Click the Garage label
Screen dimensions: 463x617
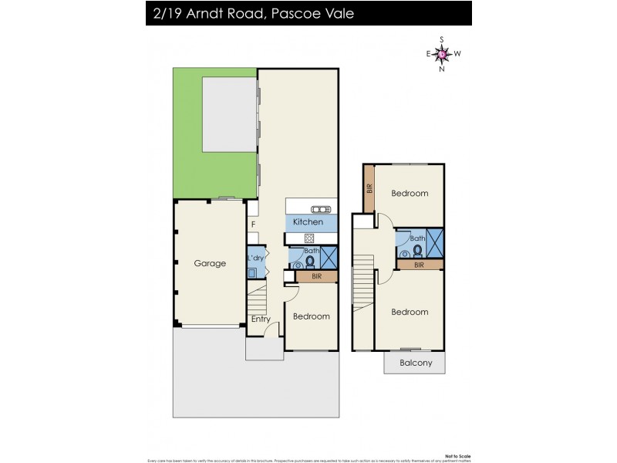(210, 263)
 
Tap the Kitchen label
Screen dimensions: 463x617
(308, 222)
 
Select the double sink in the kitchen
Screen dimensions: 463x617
(320, 209)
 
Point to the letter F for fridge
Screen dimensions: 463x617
(253, 225)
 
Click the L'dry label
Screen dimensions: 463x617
(255, 257)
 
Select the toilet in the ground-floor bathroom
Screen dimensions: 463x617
(311, 261)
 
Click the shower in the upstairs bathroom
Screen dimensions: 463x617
(434, 243)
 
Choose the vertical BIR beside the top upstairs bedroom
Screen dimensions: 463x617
(369, 188)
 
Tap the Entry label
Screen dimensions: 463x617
(259, 319)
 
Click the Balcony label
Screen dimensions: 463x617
(416, 363)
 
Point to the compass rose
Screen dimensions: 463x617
(442, 53)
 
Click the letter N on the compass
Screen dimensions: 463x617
(442, 69)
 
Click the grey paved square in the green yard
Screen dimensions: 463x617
(229, 114)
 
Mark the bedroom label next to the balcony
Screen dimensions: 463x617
(410, 312)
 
